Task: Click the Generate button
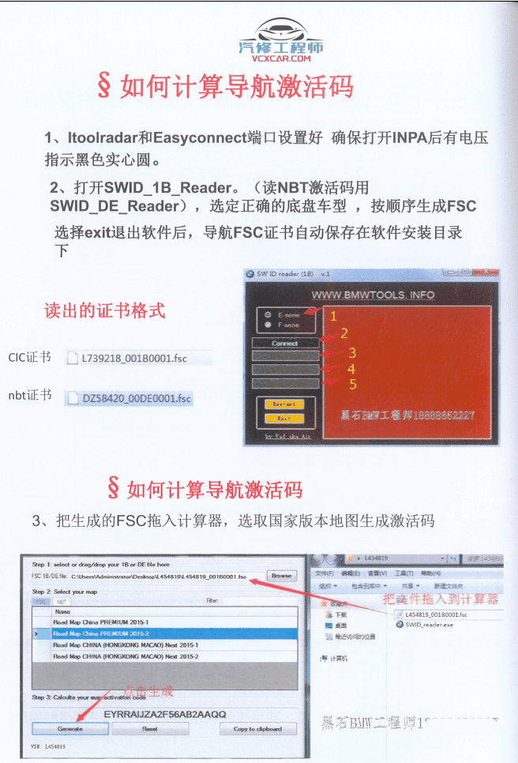(70, 728)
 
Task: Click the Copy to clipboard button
(257, 728)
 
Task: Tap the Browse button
(281, 576)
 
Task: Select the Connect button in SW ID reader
(285, 344)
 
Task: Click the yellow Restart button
(284, 404)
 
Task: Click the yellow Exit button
(284, 418)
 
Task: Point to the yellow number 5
(353, 384)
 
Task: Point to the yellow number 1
(334, 316)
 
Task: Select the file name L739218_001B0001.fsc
(135, 358)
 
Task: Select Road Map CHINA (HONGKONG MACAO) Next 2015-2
(126, 656)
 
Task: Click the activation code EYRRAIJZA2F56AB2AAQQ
(165, 714)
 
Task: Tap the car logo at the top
(283, 32)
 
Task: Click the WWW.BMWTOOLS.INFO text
(373, 295)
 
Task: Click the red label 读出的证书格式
(105, 310)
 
